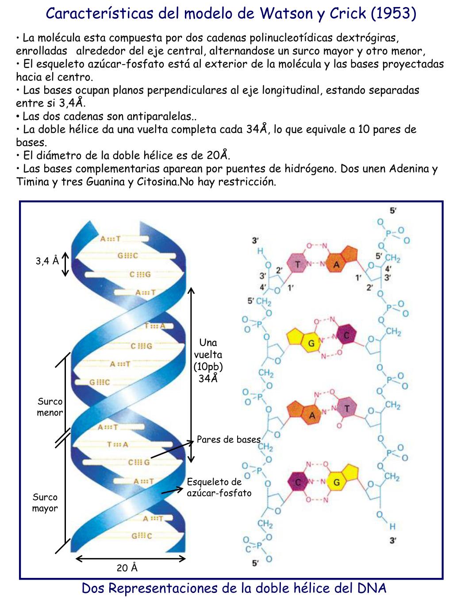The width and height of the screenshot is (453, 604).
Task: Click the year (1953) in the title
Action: (393, 13)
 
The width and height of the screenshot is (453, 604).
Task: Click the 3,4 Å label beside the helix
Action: (47, 261)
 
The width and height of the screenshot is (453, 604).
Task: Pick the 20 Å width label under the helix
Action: (127, 568)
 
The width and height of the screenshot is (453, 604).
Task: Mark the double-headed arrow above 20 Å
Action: (131, 559)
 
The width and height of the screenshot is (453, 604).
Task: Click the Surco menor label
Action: (50, 407)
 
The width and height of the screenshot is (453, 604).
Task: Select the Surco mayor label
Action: (45, 503)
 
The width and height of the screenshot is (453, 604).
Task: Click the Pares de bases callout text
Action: (228, 439)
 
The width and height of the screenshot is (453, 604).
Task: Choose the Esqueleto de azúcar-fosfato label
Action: (219, 487)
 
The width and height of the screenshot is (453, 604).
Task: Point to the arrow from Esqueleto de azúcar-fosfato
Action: (172, 491)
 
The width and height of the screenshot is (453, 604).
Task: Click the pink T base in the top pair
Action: (298, 264)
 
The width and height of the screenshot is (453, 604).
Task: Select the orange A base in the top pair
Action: (337, 265)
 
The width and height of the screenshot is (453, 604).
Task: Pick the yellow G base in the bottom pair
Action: (337, 482)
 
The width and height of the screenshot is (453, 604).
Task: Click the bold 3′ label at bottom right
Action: (393, 540)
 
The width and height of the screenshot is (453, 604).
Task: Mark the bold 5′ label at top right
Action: (392, 211)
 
